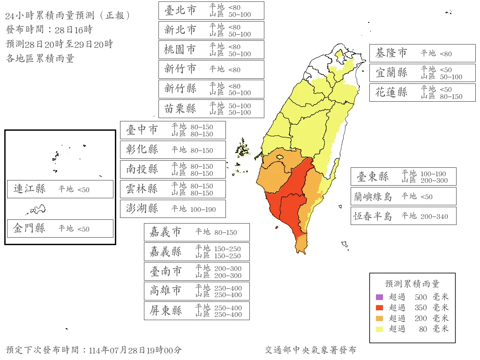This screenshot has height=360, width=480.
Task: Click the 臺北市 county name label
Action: click(x=180, y=10)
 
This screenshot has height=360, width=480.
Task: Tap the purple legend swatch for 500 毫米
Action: click(x=379, y=297)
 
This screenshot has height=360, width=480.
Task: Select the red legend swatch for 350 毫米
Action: click(x=379, y=307)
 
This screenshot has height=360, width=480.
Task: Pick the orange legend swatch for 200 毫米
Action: click(x=379, y=318)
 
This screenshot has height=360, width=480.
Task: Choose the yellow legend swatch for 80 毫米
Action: click(x=379, y=329)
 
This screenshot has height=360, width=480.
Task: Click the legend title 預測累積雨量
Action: click(x=412, y=284)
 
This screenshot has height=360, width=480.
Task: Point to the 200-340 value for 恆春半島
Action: click(x=435, y=217)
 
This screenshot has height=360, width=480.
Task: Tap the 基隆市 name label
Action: click(x=391, y=53)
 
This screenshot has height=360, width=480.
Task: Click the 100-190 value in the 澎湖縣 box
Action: click(x=203, y=210)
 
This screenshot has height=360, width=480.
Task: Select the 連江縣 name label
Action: click(x=30, y=189)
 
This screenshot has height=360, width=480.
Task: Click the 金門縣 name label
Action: click(x=30, y=228)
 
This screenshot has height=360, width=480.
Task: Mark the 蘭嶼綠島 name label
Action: click(x=373, y=196)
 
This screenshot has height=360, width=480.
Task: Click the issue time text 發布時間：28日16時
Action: click(x=49, y=30)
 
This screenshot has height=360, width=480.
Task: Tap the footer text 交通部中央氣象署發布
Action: click(x=310, y=350)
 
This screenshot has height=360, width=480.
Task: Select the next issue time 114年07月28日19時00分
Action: click(x=135, y=350)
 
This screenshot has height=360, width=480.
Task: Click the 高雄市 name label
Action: click(x=166, y=291)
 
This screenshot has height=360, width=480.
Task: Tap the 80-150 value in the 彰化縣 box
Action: click(x=202, y=150)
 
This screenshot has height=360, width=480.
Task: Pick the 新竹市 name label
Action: click(x=180, y=69)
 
